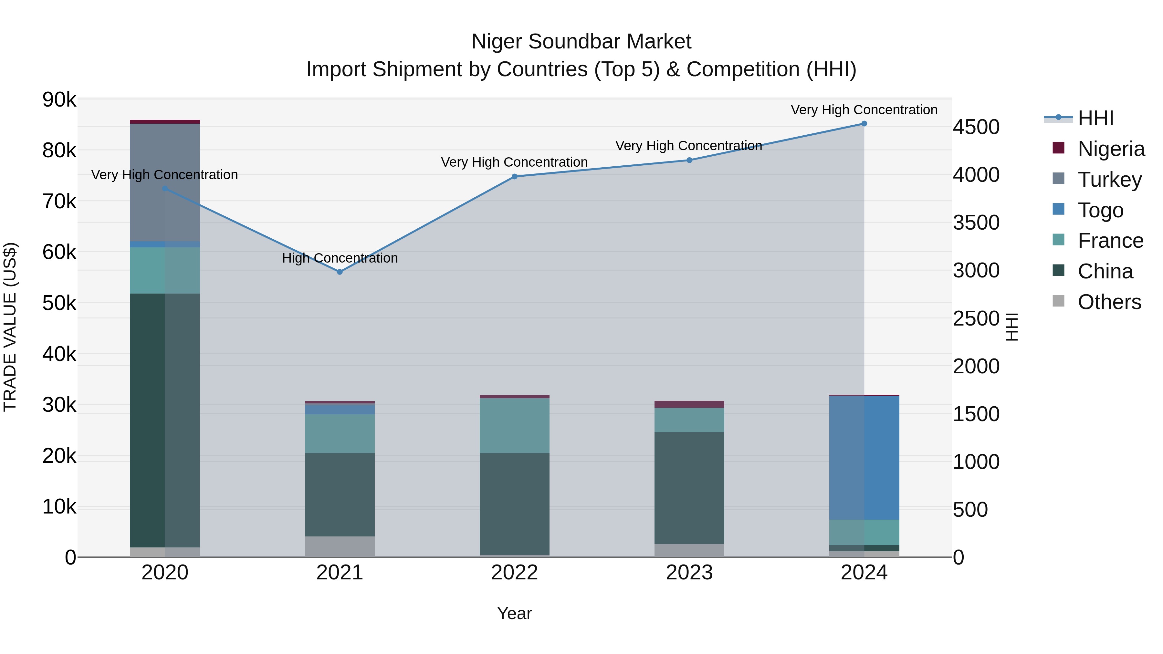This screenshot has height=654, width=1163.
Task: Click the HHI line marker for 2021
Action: coord(340,272)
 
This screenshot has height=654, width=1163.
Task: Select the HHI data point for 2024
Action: coord(864,124)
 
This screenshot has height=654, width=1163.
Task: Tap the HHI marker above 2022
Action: coord(515,176)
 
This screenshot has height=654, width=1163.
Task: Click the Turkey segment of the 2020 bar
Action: coord(165,182)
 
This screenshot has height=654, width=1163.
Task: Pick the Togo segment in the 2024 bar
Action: coord(864,458)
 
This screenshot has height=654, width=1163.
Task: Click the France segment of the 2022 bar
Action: coord(515,426)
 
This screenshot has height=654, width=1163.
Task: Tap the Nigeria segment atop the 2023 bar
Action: coord(689,404)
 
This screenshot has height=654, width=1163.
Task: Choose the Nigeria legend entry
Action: coord(1111,149)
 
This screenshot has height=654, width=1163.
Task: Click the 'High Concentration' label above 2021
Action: coord(340,258)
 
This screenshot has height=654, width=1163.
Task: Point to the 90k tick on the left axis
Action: coord(59,100)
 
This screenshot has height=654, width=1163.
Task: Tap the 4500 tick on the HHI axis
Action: coord(976,127)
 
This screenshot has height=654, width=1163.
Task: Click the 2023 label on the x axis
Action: coord(689,573)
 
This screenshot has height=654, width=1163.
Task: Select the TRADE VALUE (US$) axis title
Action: coord(10,327)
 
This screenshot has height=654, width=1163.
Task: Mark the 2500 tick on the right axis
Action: coord(976,319)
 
